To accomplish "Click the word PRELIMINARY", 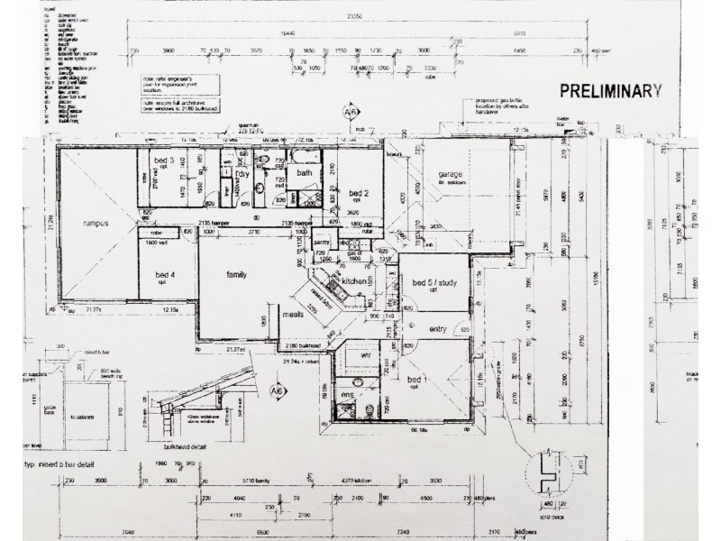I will coord(611,90).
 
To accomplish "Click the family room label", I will coord(237,273).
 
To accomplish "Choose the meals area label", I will coord(291,316).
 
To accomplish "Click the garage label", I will coord(451,173).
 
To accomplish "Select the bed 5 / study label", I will coord(434,284).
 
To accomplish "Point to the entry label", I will coord(439,328).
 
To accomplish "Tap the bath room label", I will coord(305,172).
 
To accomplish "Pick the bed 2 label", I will coord(360,193).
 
